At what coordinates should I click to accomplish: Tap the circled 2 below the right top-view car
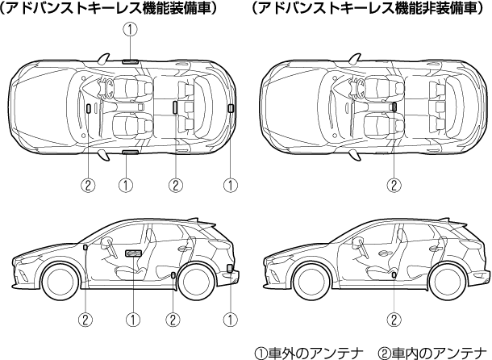(x=394, y=185)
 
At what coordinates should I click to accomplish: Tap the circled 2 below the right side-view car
(x=394, y=319)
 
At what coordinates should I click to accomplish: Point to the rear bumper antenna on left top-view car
(x=231, y=107)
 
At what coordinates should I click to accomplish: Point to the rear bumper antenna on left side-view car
(x=231, y=269)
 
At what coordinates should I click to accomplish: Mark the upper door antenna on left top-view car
(x=129, y=61)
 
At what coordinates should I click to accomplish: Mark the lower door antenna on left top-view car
(x=129, y=152)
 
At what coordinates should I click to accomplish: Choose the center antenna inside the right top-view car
(x=394, y=106)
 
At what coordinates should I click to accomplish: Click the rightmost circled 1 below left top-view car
(x=231, y=185)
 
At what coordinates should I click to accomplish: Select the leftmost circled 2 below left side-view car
(x=85, y=319)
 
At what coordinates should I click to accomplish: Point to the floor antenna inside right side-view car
(x=394, y=275)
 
